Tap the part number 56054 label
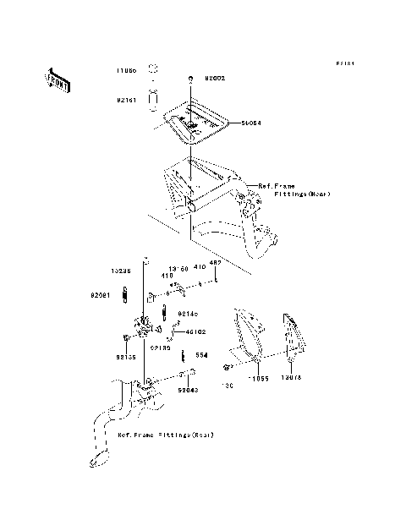point(250,123)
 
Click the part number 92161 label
point(127,99)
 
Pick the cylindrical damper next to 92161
point(153,99)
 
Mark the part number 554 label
point(202,356)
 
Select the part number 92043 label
point(188,391)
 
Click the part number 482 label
point(215,262)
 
